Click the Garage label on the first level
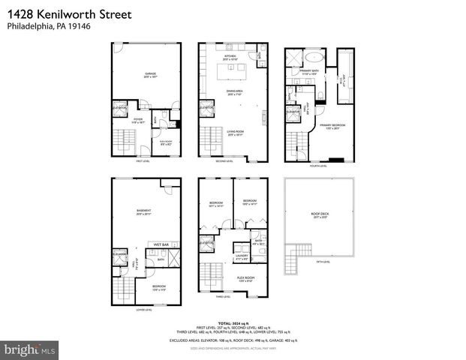(150, 73)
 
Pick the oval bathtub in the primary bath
(315, 58)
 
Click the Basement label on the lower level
(144, 211)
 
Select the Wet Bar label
(161, 244)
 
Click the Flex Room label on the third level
(245, 278)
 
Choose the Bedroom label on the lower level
(159, 286)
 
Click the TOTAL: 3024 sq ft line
(233, 323)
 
